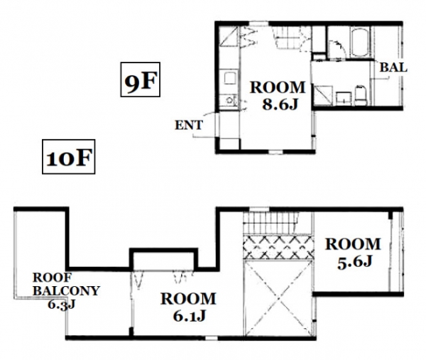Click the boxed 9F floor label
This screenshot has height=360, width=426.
(x=140, y=80)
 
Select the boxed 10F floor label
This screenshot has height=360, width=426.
(x=68, y=157)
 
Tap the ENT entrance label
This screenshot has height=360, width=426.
(x=189, y=125)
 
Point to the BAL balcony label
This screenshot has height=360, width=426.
(x=393, y=67)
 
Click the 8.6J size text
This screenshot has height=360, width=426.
(x=280, y=104)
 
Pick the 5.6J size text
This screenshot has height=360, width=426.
(x=354, y=262)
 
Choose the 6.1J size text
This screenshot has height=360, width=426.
(x=189, y=315)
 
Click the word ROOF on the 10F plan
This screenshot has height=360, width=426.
(x=52, y=278)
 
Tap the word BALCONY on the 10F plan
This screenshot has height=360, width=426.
(x=66, y=291)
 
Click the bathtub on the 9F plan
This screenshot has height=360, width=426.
(x=359, y=42)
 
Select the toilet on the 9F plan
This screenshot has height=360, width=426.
(x=361, y=95)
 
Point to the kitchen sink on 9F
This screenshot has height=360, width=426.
(x=230, y=78)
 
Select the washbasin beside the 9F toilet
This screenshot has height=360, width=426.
(x=343, y=99)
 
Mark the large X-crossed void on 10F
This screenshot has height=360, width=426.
(x=278, y=298)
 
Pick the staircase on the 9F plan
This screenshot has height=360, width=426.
(x=290, y=38)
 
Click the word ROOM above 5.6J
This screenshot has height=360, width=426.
(x=353, y=244)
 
